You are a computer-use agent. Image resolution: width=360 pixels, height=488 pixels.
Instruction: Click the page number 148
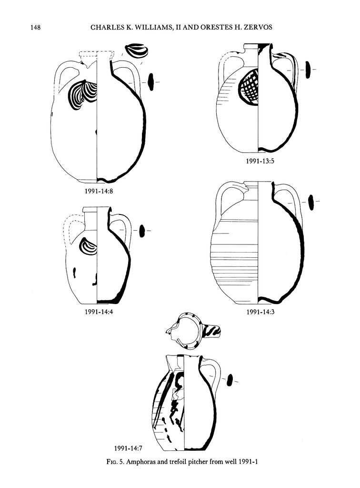coord(35,28)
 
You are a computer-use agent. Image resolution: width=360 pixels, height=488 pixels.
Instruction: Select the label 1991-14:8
coord(99,191)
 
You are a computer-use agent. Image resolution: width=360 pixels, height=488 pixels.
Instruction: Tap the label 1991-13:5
coord(260,161)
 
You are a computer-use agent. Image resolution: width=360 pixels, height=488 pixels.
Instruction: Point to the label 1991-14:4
coord(99,312)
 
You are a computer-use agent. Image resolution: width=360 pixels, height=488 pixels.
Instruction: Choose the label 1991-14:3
coord(260,312)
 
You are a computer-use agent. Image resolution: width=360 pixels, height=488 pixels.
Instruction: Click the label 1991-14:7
coord(128,448)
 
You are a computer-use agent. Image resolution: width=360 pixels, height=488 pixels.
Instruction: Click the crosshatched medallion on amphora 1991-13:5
coord(249,88)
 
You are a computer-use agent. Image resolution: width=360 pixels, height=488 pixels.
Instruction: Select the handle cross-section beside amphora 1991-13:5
coord(308,70)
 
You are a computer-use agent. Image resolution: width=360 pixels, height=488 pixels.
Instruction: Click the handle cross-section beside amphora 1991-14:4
coord(142,231)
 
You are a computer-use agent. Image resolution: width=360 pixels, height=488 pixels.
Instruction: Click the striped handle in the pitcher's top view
coord(212,332)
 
